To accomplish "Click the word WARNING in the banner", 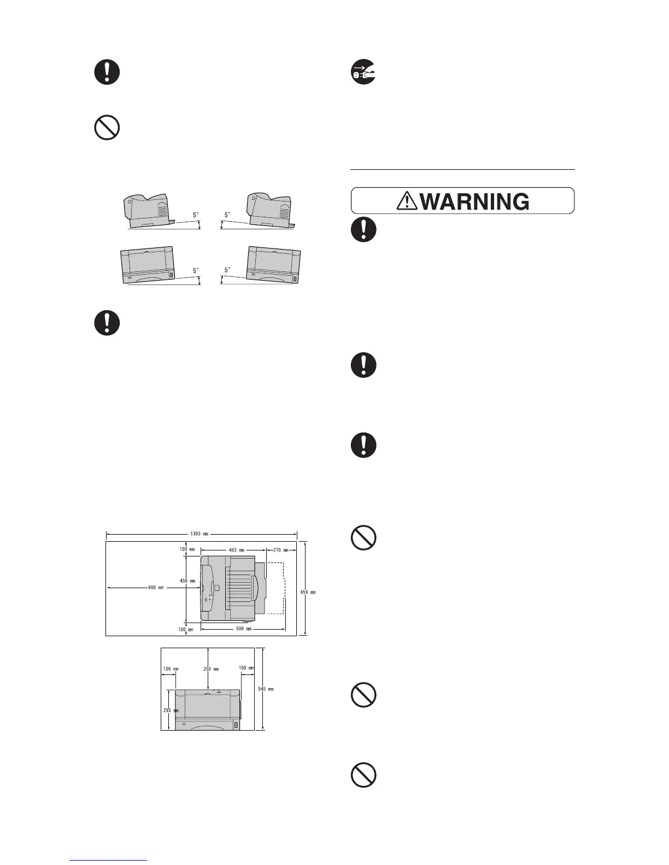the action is (475, 202).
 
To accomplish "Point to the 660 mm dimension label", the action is (156, 588).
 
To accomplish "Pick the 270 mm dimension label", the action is (280, 550).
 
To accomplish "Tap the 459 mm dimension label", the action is (187, 581).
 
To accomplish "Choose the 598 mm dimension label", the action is (243, 629).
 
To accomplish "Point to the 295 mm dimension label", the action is (171, 710).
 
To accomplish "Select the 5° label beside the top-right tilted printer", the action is (227, 215).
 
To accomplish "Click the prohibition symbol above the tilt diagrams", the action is (107, 129).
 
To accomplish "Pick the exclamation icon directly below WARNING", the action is (363, 230).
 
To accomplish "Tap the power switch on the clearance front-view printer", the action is (236, 725).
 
